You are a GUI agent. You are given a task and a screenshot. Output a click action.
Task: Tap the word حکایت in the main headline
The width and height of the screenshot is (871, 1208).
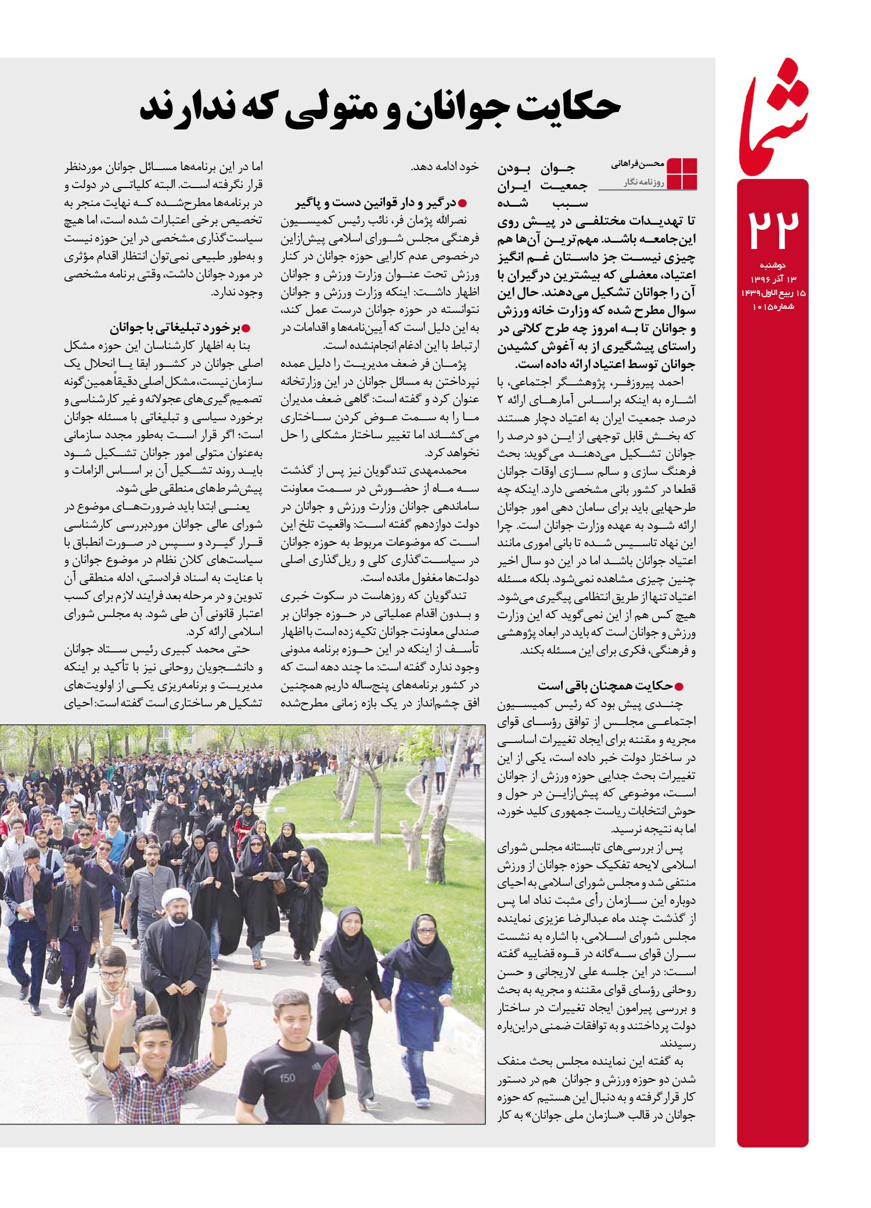(x=552, y=109)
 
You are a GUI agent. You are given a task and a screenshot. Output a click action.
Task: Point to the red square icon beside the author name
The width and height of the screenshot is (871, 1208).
(x=682, y=173)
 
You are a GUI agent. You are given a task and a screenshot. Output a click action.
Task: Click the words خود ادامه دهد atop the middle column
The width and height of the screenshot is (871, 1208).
(x=445, y=167)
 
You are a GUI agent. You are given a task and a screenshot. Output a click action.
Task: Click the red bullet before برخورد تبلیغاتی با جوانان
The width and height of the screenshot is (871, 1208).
(x=246, y=329)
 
